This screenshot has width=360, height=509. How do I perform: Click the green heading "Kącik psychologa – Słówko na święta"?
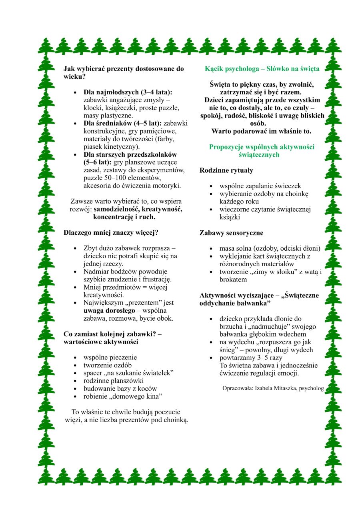click(262, 68)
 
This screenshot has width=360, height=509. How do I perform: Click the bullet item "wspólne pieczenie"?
click(110, 357)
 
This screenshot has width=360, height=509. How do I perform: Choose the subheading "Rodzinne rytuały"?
click(226, 170)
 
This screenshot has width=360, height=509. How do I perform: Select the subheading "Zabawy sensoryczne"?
click(231, 233)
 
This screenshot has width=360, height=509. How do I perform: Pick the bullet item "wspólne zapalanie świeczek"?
click(260, 186)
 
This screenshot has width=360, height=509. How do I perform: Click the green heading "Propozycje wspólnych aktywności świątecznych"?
click(262, 150)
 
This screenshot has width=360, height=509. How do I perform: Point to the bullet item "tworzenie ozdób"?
click(108, 365)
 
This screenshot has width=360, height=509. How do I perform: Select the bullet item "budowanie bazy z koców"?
click(120, 388)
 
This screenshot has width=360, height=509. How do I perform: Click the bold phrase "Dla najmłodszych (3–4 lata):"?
click(128, 92)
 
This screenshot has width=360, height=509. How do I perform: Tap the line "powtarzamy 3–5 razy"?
click(251, 357)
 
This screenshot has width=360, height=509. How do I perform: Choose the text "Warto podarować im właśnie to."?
click(262, 131)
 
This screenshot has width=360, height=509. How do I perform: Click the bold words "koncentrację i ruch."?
click(124, 217)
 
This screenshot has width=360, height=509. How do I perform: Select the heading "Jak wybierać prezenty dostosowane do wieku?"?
click(123, 72)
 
